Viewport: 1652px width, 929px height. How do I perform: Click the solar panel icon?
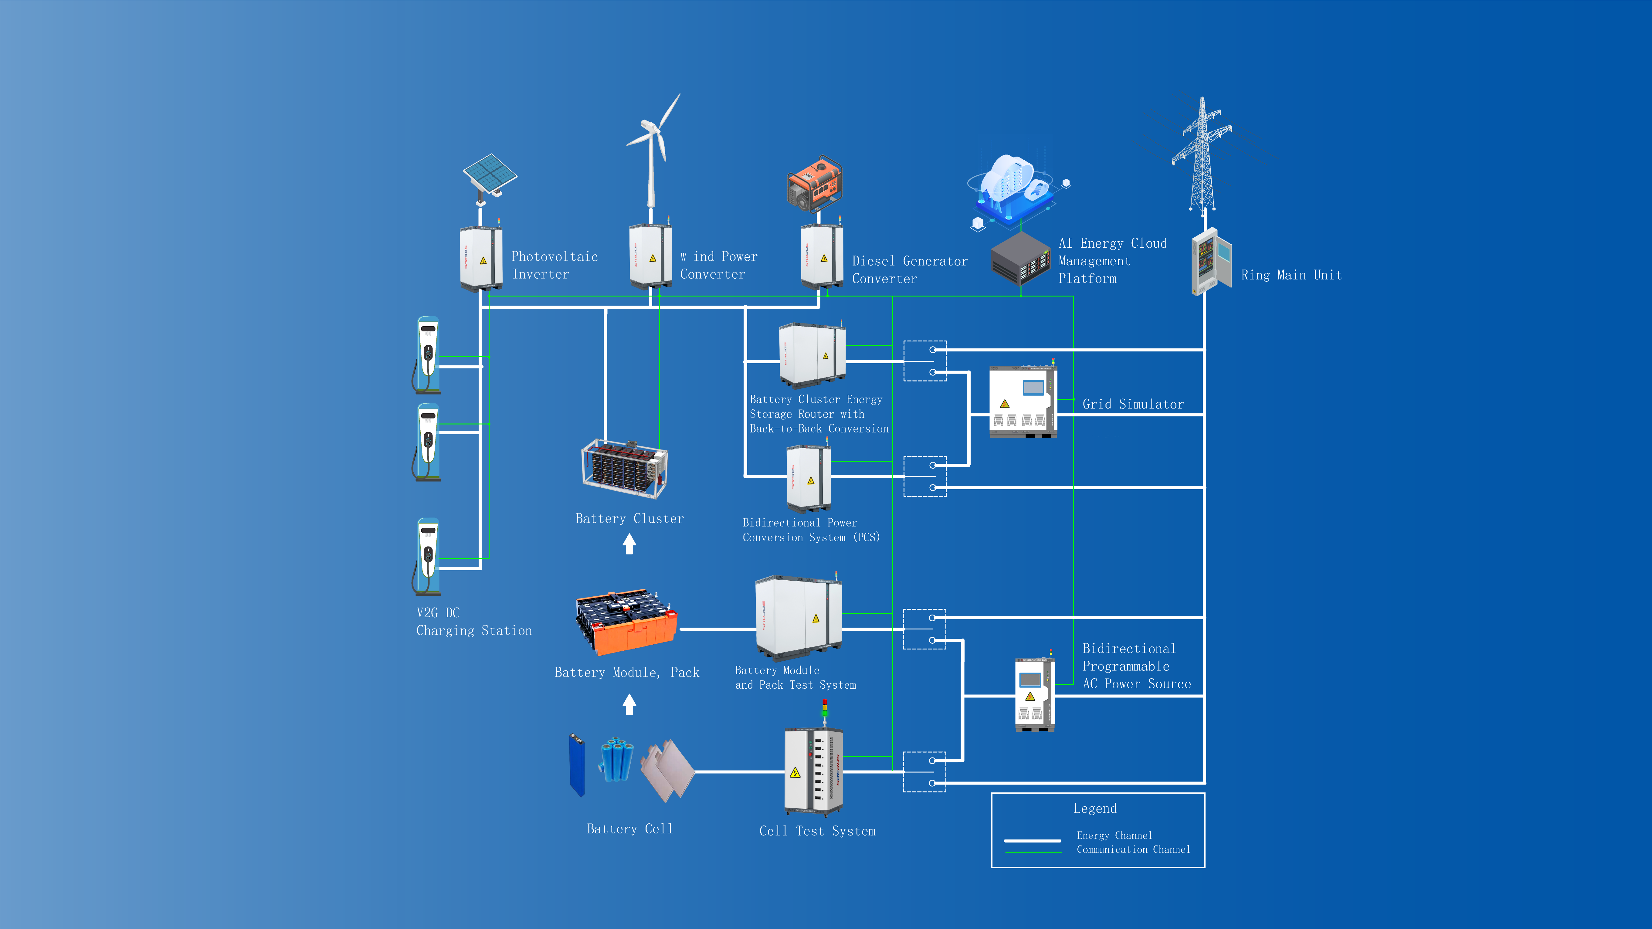[x=490, y=173]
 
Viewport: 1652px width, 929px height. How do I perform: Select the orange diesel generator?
[x=814, y=184]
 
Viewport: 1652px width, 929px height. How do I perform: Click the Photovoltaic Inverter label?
[x=554, y=265]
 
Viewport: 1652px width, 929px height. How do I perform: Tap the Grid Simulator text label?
[x=1132, y=404]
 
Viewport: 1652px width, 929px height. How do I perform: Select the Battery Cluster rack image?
[x=624, y=468]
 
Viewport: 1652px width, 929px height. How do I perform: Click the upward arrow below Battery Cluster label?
[x=629, y=544]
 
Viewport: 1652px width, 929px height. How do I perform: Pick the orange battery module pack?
[x=626, y=622]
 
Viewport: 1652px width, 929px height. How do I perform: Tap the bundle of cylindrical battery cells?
[x=616, y=760]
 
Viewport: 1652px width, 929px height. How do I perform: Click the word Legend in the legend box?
[x=1095, y=809]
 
